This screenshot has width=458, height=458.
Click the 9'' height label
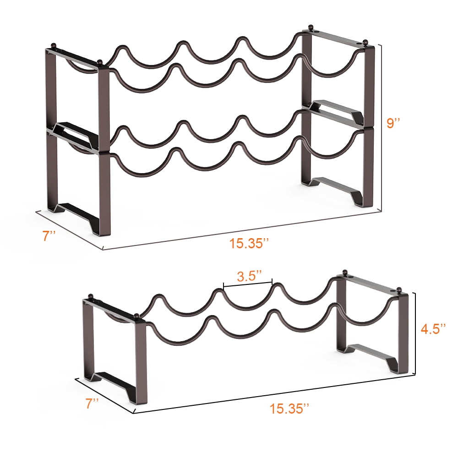pos(393,123)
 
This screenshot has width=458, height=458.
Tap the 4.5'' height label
pos(433,328)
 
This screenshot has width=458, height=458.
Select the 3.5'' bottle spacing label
pos(249,276)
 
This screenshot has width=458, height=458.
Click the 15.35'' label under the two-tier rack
pos(248,243)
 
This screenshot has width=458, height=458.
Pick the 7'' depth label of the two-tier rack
pos(49,236)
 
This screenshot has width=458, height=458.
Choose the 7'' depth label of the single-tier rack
pos(92,403)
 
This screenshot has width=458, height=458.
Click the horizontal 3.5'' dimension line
pos(248,283)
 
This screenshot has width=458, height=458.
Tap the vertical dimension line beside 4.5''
pos(415,333)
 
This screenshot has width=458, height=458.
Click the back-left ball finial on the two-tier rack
pos(54,46)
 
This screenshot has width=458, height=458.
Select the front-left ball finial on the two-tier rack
pos(100,63)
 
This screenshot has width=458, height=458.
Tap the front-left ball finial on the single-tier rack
pos(136,316)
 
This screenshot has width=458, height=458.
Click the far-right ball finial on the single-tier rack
pos(399,290)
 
